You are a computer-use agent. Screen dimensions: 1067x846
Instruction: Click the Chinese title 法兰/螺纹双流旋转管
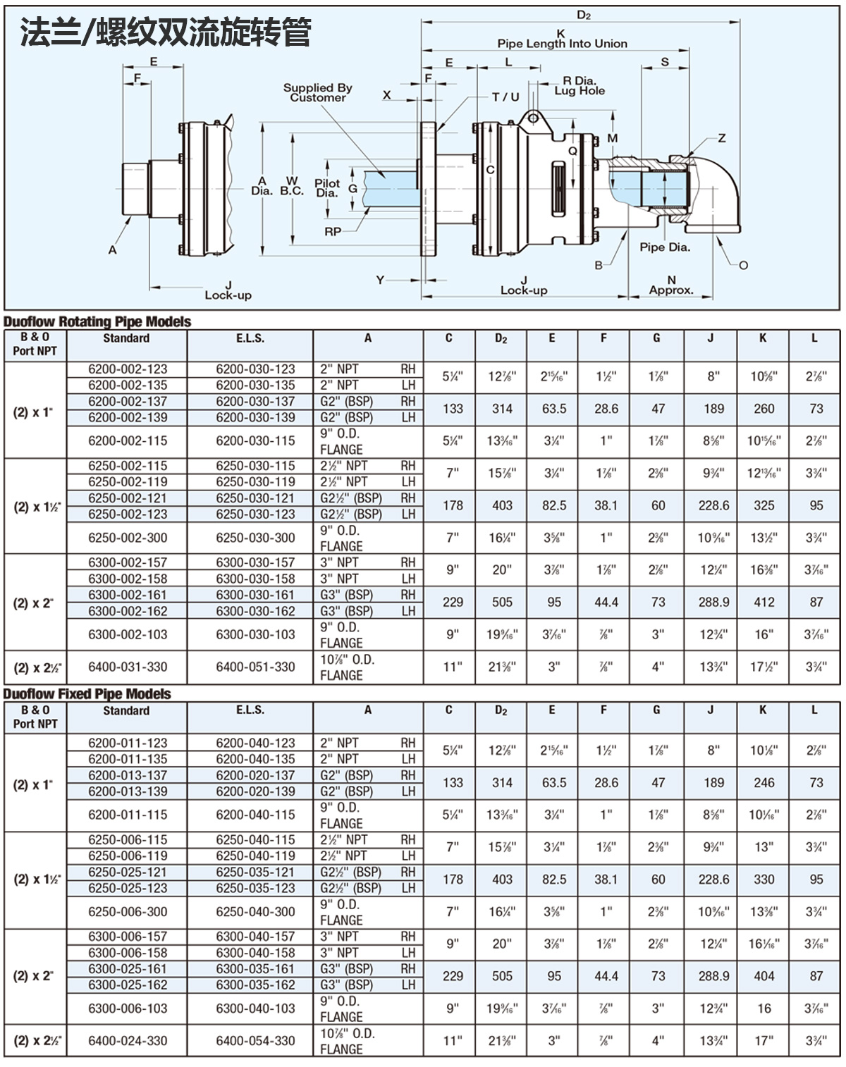[166, 33]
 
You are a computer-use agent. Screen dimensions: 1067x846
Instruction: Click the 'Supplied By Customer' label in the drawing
[317, 92]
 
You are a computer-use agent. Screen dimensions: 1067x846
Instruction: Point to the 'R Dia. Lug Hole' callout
[579, 86]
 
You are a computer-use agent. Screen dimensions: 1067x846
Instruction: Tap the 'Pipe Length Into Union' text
[562, 44]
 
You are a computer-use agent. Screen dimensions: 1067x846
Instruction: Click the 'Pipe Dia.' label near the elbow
[664, 247]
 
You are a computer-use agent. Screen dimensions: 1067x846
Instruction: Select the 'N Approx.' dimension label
[670, 285]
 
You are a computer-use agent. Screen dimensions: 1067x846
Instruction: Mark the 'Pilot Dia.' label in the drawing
[327, 188]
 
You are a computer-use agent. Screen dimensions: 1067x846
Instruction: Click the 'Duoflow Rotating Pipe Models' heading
[97, 322]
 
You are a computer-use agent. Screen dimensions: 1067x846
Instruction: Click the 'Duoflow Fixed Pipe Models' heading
[87, 694]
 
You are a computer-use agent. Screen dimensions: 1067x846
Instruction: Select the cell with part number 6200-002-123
[128, 369]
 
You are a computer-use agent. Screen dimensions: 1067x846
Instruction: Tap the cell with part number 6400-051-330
[255, 667]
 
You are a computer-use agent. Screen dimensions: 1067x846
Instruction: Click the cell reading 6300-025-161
[128, 969]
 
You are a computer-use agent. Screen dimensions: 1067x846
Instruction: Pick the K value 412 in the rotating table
[764, 603]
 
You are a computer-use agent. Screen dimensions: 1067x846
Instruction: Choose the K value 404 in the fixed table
[764, 977]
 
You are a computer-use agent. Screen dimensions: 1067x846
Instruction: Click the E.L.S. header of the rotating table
[250, 338]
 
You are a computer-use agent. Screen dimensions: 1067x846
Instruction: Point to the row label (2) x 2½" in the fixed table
[35, 1041]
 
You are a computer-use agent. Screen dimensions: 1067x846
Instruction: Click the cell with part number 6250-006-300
[128, 912]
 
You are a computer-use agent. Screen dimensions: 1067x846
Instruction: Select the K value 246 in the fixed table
[764, 783]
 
